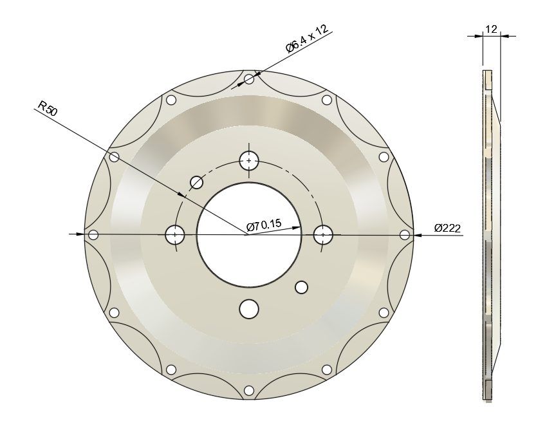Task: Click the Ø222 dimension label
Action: [x=447, y=229]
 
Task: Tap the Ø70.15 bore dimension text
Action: [x=264, y=225]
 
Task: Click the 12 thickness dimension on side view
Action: [x=491, y=30]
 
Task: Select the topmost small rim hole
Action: [x=249, y=79]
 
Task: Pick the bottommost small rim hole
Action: [x=249, y=390]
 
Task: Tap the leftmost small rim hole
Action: [x=93, y=235]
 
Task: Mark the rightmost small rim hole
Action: [x=404, y=235]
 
